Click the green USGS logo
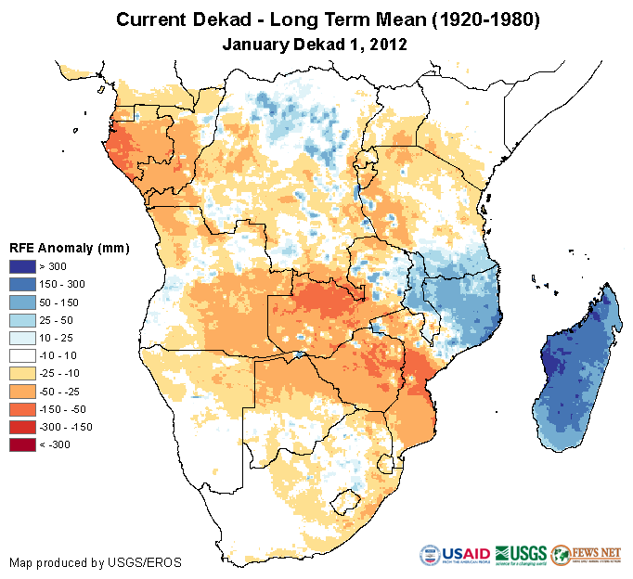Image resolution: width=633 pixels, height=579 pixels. [x=521, y=555]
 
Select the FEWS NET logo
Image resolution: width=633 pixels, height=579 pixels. [x=586, y=555]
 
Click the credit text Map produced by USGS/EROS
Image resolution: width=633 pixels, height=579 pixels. [x=95, y=562]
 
